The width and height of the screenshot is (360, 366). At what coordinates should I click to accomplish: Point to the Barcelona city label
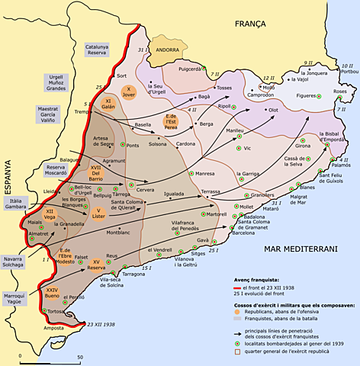(244, 233)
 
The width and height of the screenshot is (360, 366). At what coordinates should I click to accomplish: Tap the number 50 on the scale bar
(79, 357)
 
